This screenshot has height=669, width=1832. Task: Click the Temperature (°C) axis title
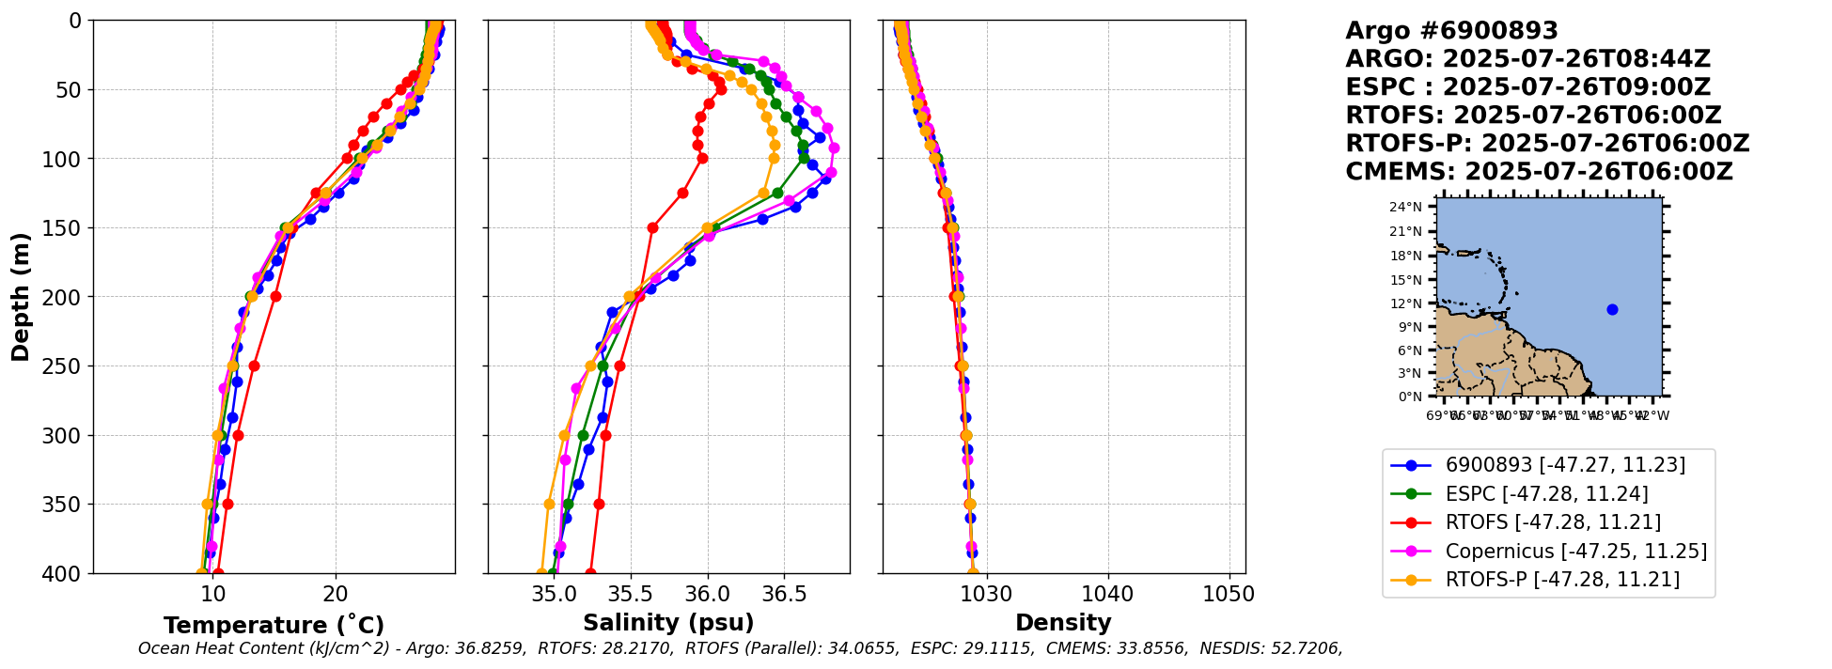(274, 625)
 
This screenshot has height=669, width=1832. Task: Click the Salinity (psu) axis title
(668, 623)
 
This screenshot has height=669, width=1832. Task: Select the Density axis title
(1063, 623)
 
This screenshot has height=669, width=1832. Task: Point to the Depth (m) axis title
(21, 297)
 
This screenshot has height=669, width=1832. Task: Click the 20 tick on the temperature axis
(336, 595)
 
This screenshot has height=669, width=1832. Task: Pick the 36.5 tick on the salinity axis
(784, 595)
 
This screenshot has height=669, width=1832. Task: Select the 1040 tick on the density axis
(1108, 595)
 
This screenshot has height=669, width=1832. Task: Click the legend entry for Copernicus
(1575, 552)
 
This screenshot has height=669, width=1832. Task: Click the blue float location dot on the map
(1612, 309)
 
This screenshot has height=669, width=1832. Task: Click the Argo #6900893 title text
(1451, 31)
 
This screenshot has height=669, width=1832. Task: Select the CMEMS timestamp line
(1539, 172)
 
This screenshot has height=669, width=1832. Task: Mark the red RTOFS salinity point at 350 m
(599, 504)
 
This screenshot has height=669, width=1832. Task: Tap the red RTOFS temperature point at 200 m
(275, 296)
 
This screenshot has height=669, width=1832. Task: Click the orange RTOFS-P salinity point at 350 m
(549, 504)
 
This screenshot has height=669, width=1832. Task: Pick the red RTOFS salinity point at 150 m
(652, 227)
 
